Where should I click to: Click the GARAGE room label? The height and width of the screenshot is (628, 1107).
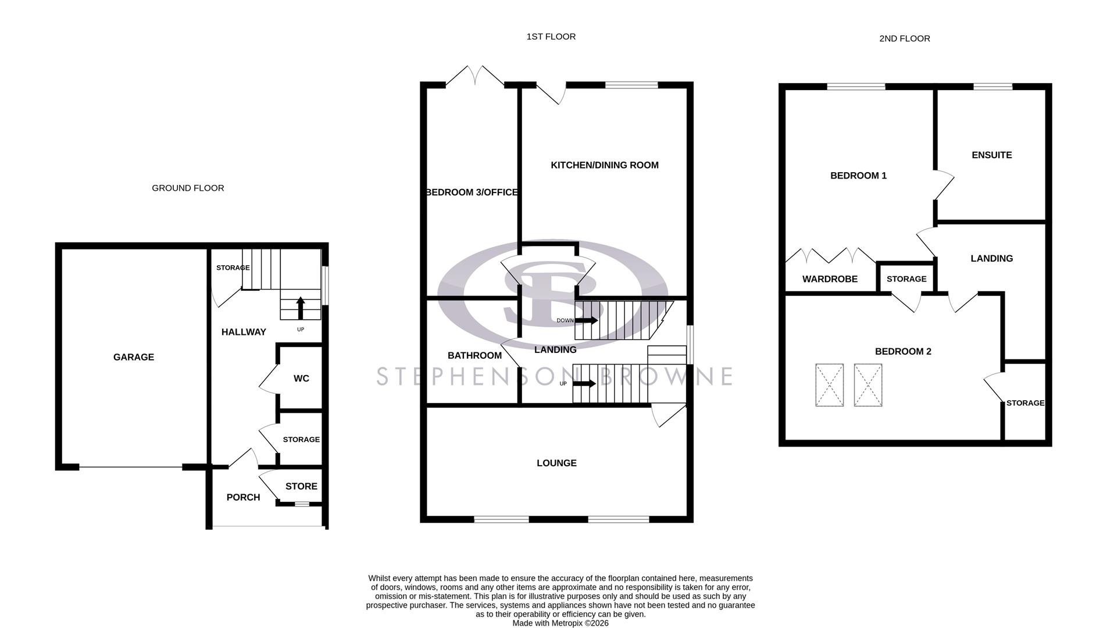tap(133, 357)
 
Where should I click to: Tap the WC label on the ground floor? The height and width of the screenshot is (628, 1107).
tap(301, 379)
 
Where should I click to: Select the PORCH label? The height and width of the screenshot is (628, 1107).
tap(243, 497)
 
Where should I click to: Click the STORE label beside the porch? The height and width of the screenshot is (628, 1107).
tap(301, 486)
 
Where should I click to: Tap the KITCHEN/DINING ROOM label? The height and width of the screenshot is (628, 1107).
tap(605, 165)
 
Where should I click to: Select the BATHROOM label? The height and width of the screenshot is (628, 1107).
tap(474, 355)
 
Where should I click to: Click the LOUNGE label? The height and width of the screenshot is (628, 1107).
tap(556, 463)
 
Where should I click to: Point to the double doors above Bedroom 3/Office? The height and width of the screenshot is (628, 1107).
tap(475, 76)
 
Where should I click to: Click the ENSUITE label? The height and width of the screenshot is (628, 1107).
tap(992, 155)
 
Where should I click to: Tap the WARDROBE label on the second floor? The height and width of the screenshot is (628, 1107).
tap(830, 279)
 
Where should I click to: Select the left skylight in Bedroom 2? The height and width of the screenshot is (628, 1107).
tap(829, 385)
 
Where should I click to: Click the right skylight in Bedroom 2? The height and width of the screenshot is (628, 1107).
tap(868, 385)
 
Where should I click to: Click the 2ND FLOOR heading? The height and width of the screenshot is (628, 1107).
tap(904, 38)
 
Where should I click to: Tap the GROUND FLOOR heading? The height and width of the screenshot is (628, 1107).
tap(188, 188)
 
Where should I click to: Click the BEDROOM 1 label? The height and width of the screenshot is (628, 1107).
tap(858, 176)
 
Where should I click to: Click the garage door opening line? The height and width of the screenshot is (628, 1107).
tap(131, 467)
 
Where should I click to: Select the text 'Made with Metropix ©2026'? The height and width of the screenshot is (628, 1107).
tap(560, 623)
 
